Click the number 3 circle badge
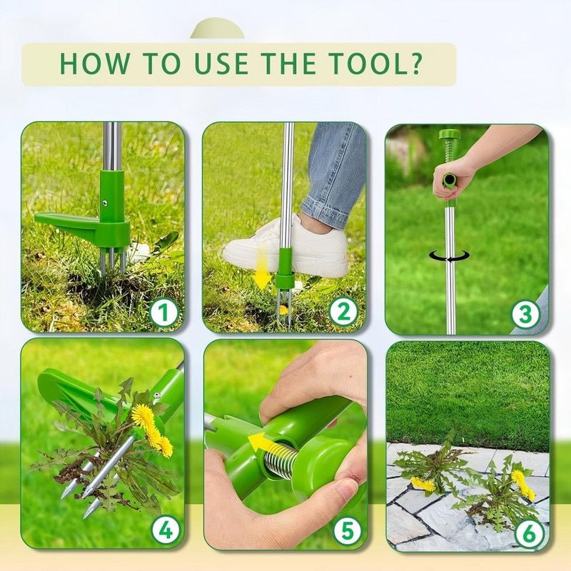(x=526, y=314)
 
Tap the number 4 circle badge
(x=165, y=530)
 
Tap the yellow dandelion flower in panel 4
(x=146, y=420)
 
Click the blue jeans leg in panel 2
(x=336, y=171)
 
